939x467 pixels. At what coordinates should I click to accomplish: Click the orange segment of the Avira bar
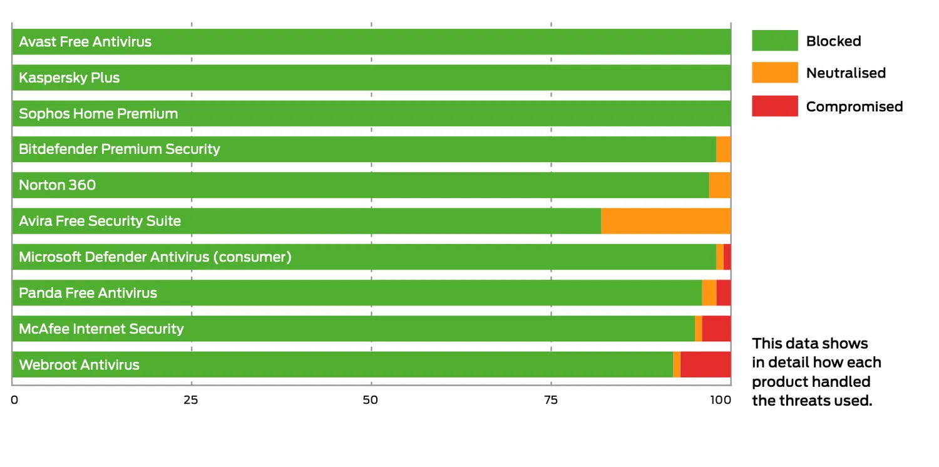click(x=665, y=221)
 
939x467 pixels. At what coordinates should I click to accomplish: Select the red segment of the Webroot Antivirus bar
click(x=706, y=364)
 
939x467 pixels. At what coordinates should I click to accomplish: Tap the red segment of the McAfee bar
click(x=716, y=329)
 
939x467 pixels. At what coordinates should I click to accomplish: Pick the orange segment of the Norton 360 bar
click(x=720, y=185)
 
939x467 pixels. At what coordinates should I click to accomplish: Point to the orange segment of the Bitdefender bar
click(x=724, y=149)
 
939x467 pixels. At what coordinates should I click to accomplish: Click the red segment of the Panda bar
click(x=724, y=292)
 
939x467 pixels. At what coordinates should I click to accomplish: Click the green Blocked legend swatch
click(x=774, y=41)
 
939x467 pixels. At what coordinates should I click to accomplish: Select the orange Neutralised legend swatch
click(x=774, y=73)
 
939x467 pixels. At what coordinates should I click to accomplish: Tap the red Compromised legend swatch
click(x=774, y=106)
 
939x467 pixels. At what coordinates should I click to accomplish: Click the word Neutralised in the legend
click(x=846, y=73)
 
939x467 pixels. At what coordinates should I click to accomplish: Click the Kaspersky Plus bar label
click(x=69, y=78)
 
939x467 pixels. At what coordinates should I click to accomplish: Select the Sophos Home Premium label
click(x=98, y=113)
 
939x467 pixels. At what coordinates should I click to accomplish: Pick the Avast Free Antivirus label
click(x=85, y=42)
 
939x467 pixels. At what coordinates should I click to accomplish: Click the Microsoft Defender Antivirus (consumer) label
click(x=155, y=257)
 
